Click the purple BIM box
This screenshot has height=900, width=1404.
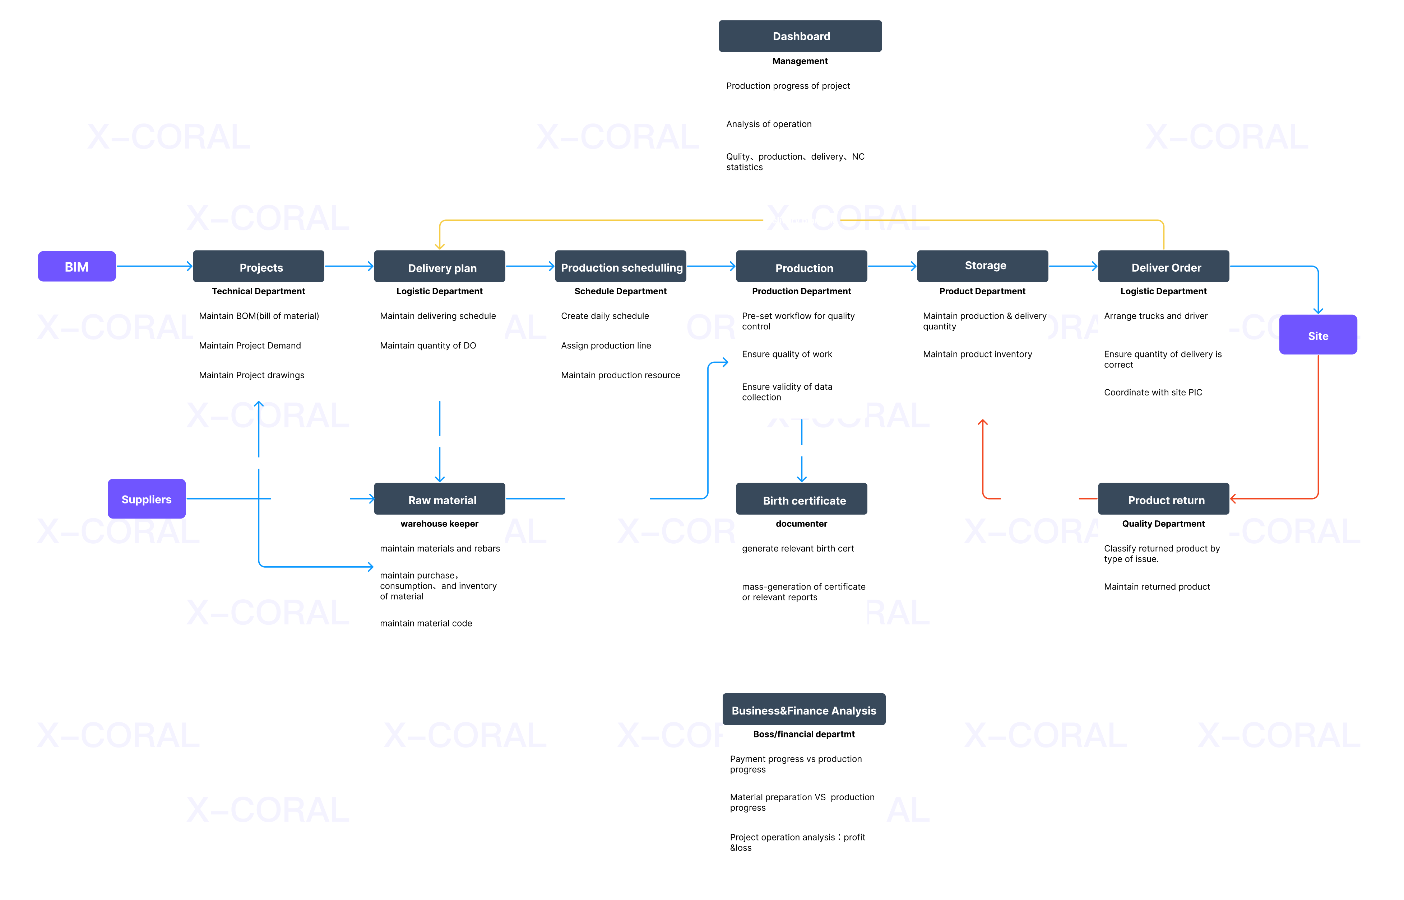[77, 267]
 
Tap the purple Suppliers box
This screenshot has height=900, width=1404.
[146, 499]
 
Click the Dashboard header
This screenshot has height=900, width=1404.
[801, 36]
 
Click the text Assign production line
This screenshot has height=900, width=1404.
[606, 345]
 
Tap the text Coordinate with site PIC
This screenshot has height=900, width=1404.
[1153, 392]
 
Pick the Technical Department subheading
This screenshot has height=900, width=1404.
[259, 291]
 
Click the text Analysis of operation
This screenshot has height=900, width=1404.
[768, 124]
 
